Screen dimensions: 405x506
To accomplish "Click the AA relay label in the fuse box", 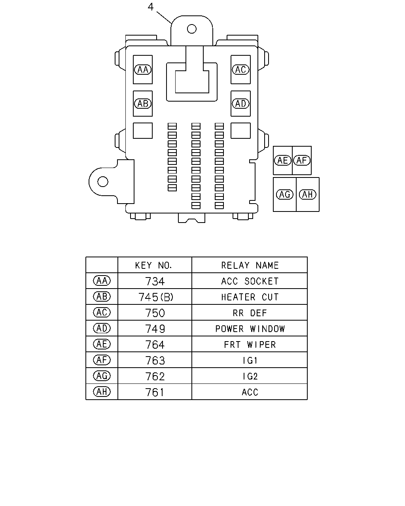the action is pos(143,70).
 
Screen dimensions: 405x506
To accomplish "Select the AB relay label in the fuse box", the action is pos(143,104).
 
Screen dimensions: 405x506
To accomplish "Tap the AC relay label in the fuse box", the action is pos(240,70).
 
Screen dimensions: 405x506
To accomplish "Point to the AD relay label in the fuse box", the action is pos(240,104).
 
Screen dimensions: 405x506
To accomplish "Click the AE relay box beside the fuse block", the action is pos(283,160).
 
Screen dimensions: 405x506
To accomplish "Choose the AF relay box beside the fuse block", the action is pos(302,160).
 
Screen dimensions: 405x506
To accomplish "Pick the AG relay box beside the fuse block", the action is pos(284,194).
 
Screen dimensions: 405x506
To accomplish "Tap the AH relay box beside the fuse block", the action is pos(308,194).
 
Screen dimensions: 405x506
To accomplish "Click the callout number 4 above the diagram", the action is pos(151,7).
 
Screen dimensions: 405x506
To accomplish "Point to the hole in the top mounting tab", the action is pos(191,29).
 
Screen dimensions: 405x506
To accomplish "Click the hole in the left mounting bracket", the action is pos(102,181).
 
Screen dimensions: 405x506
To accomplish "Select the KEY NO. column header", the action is pos(153,265).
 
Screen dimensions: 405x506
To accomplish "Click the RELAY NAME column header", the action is pos(250,265).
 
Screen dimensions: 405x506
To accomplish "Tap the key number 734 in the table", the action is pos(155,281).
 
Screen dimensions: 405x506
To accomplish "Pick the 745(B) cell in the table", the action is pos(155,297).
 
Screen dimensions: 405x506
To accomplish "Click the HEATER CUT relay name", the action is pos(250,297).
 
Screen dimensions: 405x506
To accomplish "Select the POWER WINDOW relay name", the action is pos(250,329).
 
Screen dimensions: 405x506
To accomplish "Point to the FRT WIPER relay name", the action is pos(250,345).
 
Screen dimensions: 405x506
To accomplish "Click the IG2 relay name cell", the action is pos(250,376).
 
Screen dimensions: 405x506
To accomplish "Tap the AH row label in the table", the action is pos(102,392).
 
